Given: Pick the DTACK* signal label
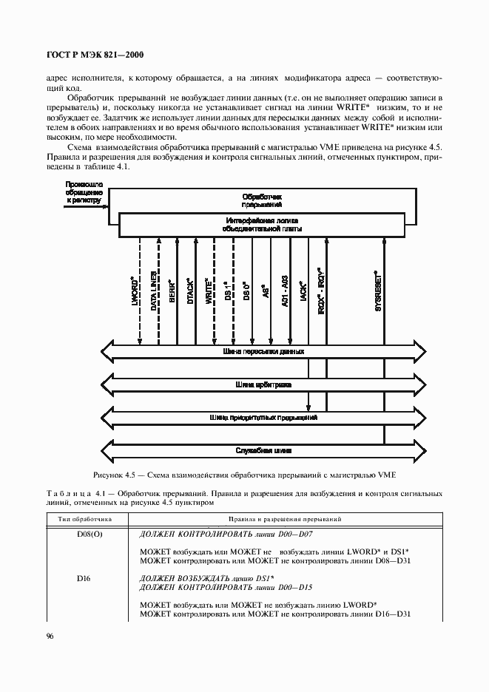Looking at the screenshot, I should tap(190, 291).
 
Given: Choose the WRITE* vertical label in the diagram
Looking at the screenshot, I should tap(209, 291).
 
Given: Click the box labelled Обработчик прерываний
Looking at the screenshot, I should tap(263, 201).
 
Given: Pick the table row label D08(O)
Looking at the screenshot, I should tap(84, 534).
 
